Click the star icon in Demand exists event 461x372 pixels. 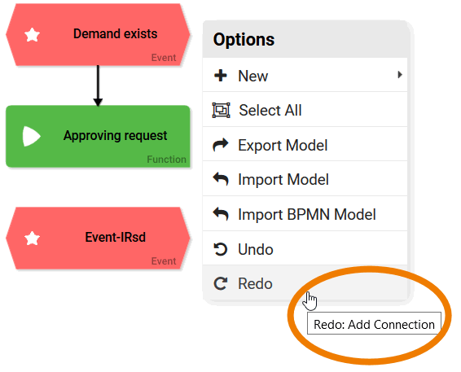point(32,34)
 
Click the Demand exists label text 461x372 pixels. point(116,34)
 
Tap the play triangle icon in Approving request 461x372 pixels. point(31,136)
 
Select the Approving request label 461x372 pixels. point(116,136)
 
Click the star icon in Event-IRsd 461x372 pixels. point(32,238)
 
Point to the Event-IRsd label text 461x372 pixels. point(116,237)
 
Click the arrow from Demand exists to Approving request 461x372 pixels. point(98,85)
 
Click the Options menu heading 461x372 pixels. point(244,40)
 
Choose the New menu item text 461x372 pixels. point(252,76)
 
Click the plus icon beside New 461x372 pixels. point(221,76)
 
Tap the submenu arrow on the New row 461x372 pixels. point(400,75)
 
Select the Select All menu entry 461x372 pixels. point(270,111)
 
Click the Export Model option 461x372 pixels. point(283,146)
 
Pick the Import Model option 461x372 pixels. point(283,180)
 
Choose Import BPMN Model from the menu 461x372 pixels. point(307,215)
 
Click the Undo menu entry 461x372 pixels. point(256,249)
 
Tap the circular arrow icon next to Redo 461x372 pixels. point(220,283)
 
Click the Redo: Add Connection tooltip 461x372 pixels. point(374,323)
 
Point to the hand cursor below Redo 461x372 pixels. point(310,301)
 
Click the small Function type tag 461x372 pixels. point(166,160)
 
